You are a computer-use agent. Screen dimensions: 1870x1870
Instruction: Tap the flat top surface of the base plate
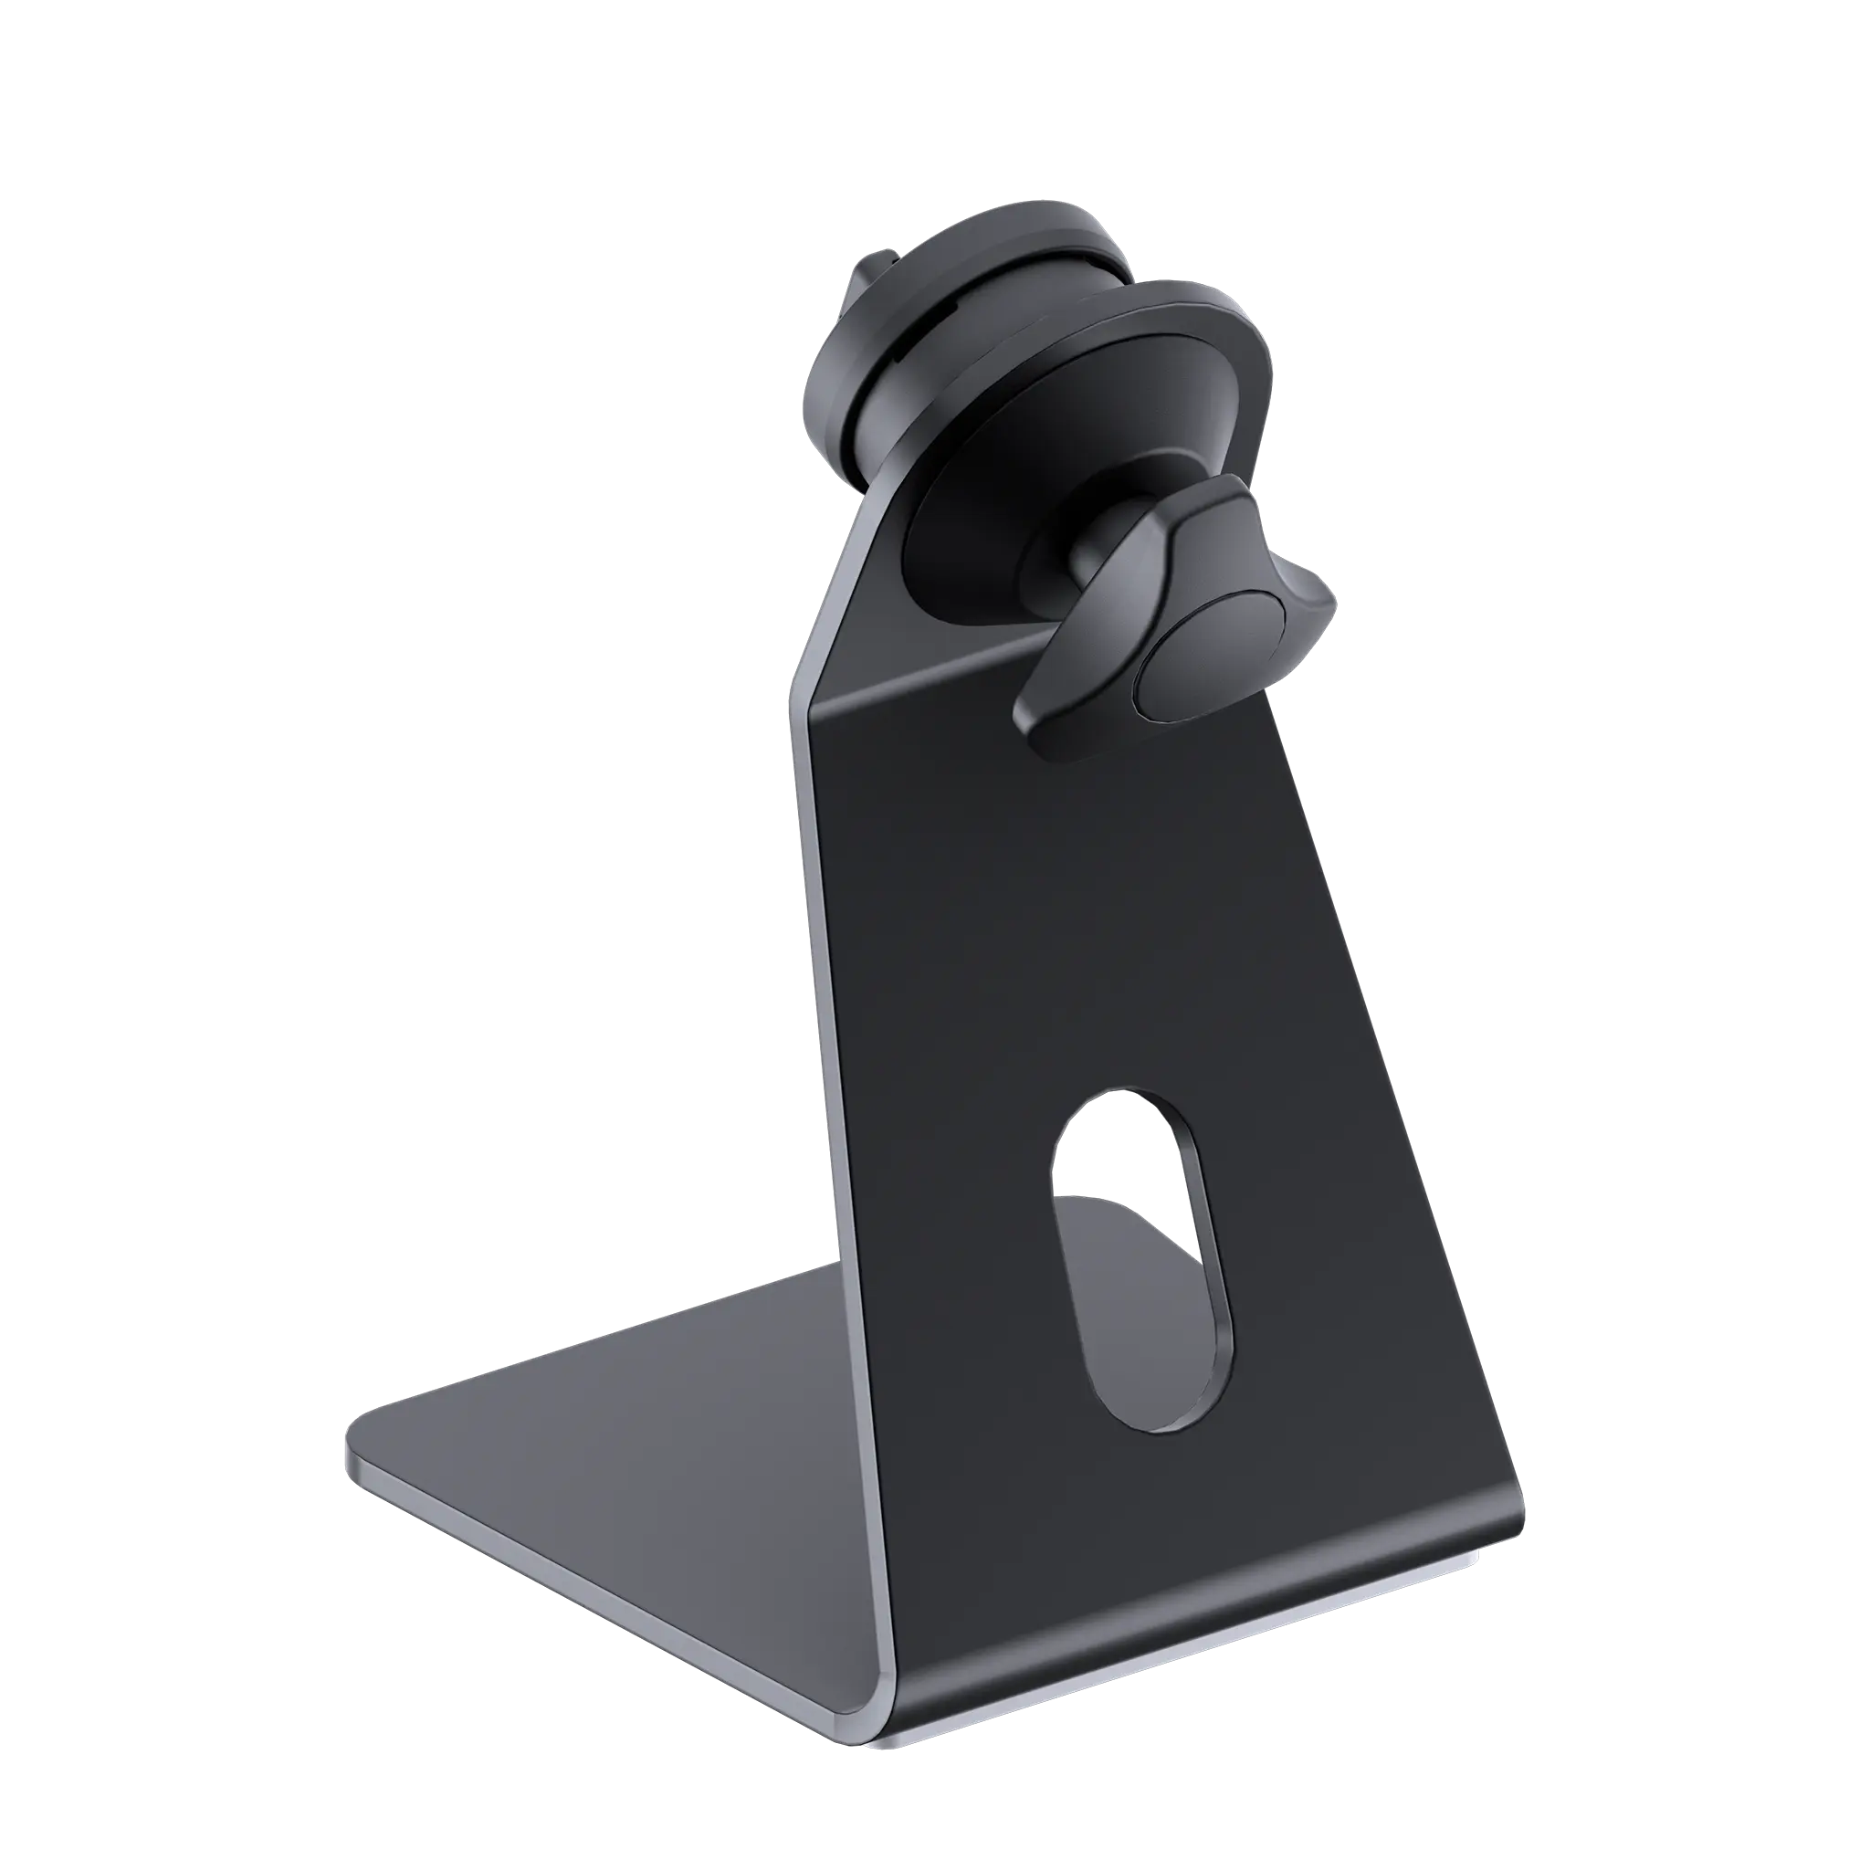coord(619,1452)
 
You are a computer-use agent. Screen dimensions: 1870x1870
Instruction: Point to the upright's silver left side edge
coord(823,1065)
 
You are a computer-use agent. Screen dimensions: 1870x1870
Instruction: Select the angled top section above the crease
coord(871,600)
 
